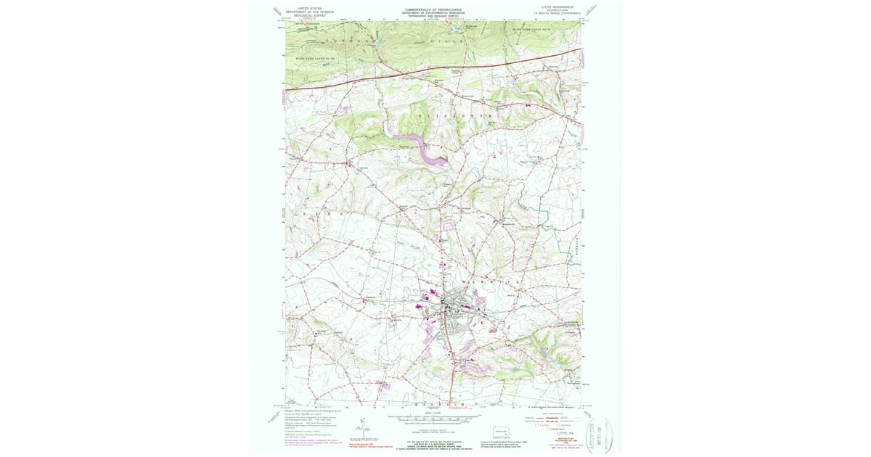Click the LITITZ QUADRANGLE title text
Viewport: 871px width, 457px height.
pos(557,7)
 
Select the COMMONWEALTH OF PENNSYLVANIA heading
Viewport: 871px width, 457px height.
pos(435,9)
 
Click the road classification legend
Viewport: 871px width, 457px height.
pos(552,420)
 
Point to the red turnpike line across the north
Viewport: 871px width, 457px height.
pos(435,71)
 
